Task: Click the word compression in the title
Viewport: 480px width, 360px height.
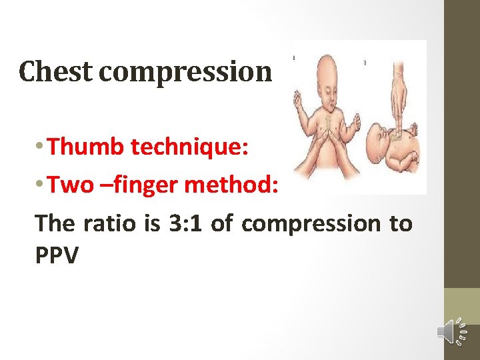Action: click(x=185, y=71)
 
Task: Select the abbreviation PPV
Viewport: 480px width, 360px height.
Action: click(x=57, y=255)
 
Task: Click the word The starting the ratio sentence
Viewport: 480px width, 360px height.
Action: click(x=55, y=223)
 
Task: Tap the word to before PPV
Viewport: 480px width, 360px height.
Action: click(x=400, y=223)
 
